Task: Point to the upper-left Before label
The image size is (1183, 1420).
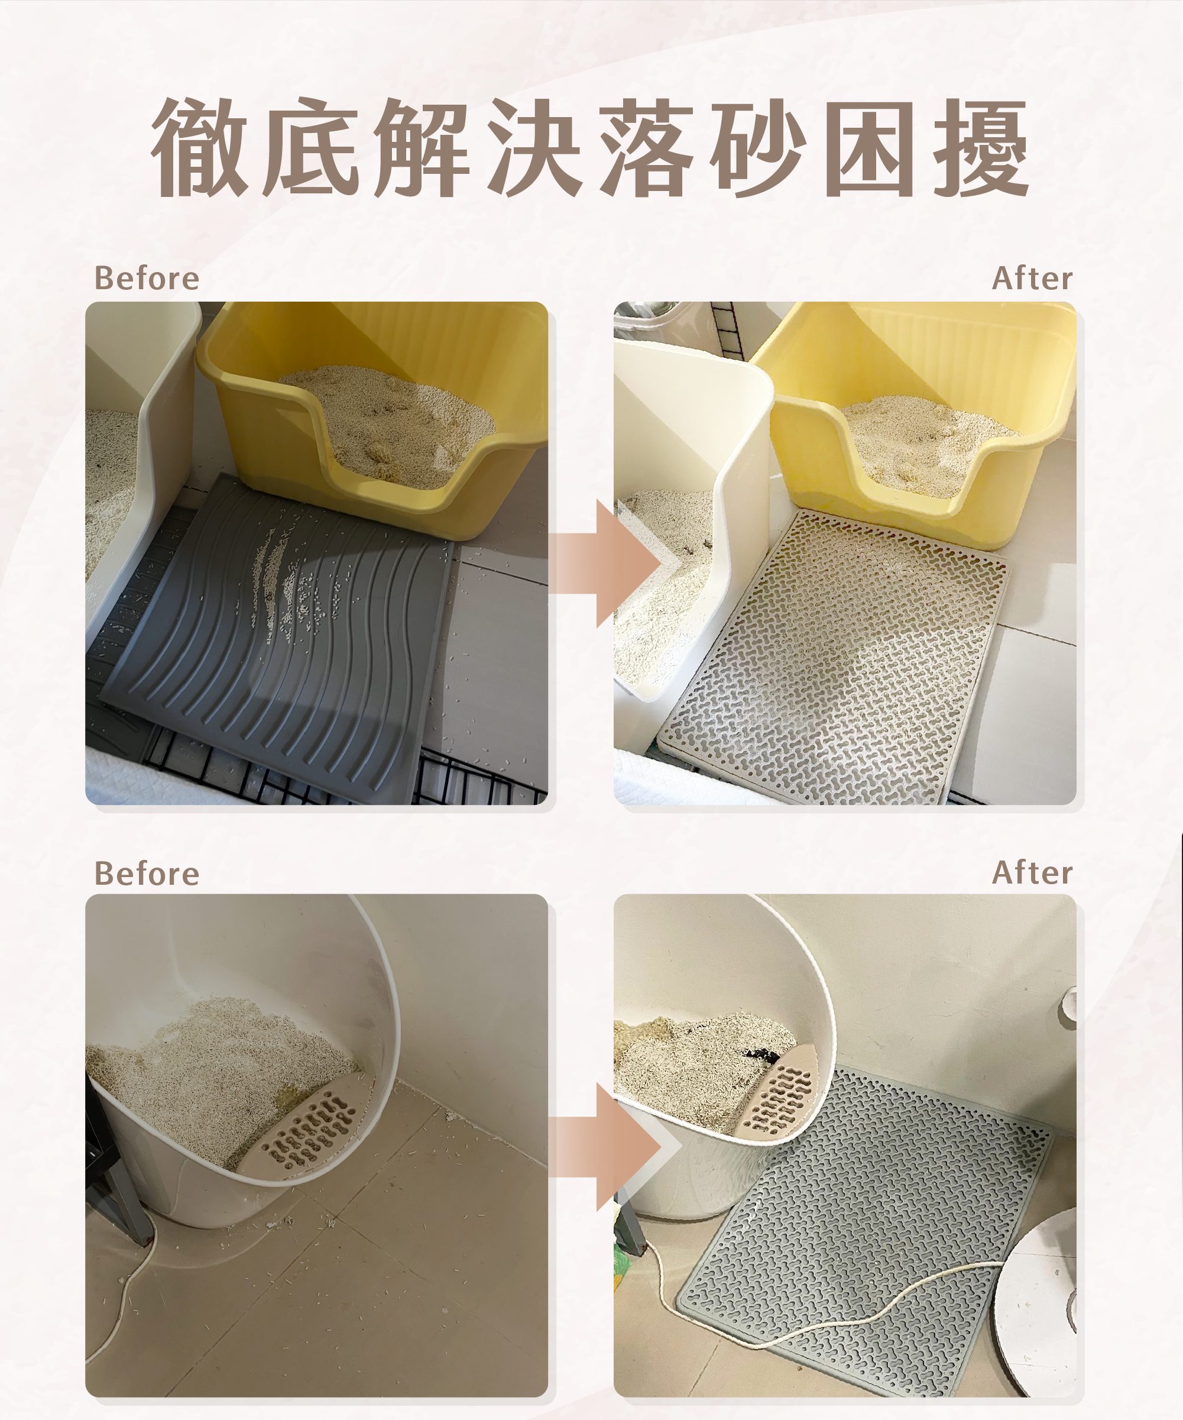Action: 147,278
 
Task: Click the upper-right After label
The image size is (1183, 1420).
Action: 1032,278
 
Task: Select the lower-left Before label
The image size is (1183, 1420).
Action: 147,873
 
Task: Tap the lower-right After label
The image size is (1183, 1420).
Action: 1032,872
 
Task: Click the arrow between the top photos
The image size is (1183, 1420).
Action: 605,563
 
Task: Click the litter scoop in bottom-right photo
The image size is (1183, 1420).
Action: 784,1092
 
